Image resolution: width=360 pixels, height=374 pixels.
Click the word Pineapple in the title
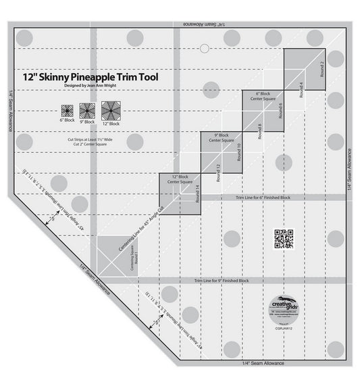click(105, 77)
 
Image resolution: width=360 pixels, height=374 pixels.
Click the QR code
click(283, 238)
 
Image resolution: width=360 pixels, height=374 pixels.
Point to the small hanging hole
click(204, 47)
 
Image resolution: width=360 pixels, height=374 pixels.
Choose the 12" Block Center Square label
click(180, 180)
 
